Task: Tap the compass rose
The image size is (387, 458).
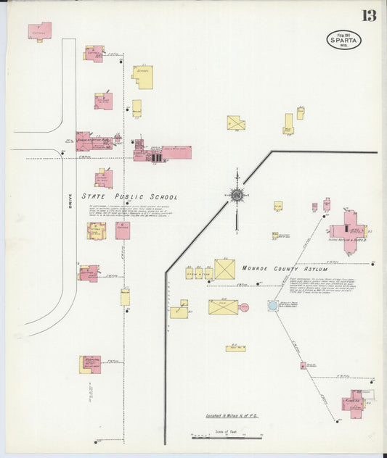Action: coord(237,194)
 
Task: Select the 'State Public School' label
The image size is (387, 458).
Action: coord(129,196)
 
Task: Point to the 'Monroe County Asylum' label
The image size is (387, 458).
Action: coord(286,269)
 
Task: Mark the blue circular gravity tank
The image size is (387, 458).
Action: coord(273,306)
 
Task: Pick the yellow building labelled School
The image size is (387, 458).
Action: coord(143,76)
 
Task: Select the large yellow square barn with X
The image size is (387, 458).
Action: coord(224,270)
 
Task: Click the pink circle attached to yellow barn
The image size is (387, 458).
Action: coord(244,307)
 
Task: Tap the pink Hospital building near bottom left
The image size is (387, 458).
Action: coord(91,364)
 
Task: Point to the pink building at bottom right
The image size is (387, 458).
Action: coord(356,404)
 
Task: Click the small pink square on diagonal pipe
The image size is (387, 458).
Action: coord(303,365)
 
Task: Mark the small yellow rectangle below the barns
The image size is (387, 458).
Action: coord(235,349)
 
